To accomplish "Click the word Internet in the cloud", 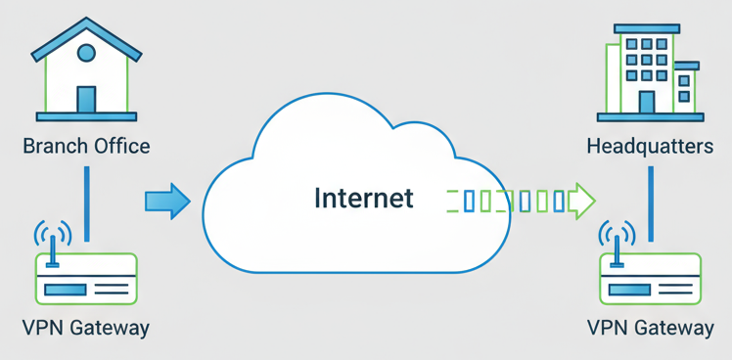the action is pos(363,199).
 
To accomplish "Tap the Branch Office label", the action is pos(86,147).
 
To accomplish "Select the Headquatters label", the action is pos(650,147).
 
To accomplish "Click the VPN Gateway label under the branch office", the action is pos(86,327).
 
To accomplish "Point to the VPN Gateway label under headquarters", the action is pos(650,327).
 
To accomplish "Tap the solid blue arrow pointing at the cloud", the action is pos(166,202).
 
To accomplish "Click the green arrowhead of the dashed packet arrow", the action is pos(583,202).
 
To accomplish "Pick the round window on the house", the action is pos(86,53).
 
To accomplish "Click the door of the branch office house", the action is pos(86,99).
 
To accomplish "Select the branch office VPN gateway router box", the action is pos(86,279).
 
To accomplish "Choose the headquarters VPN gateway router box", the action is pos(650,279).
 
